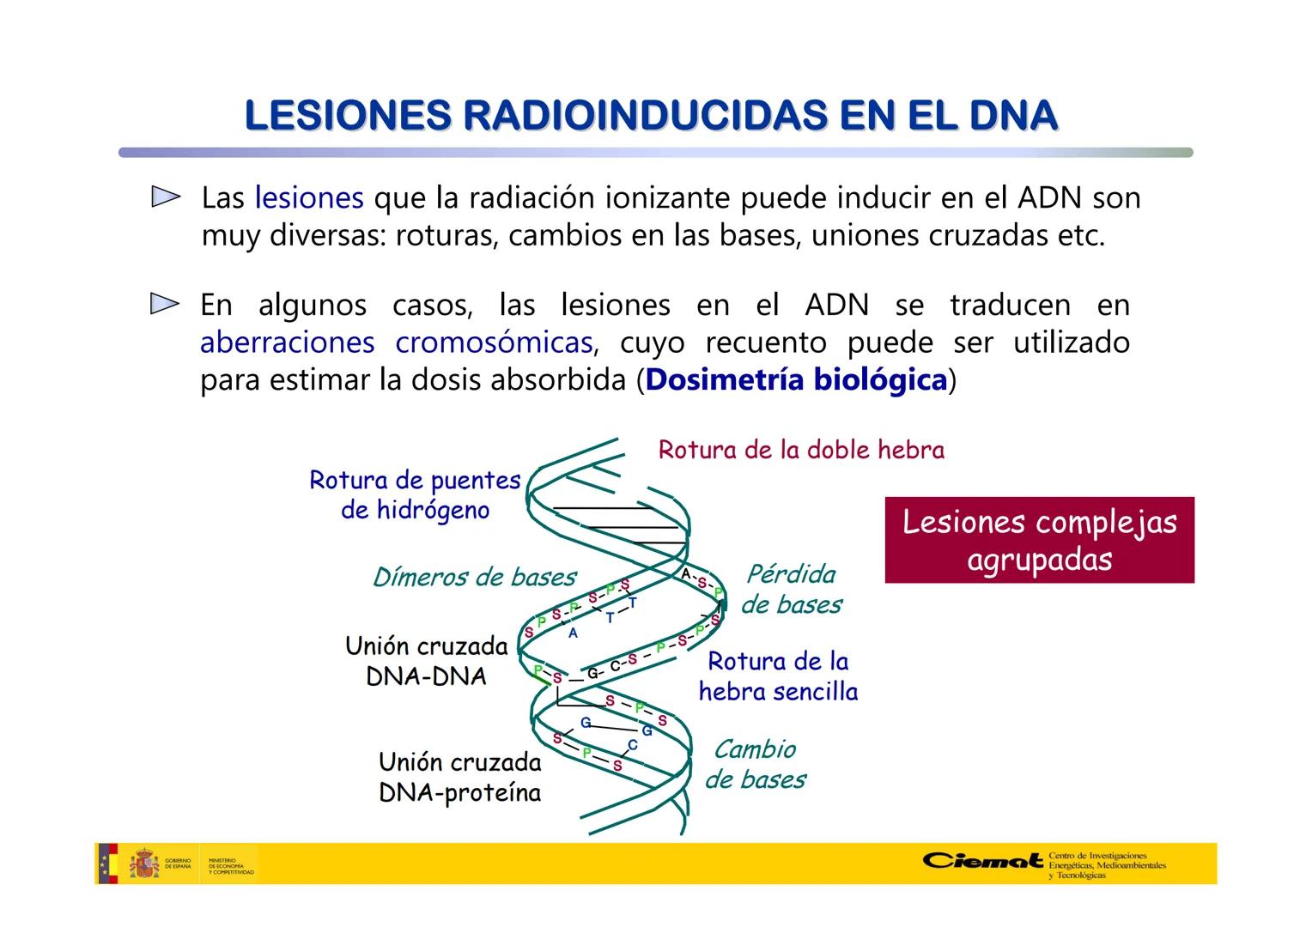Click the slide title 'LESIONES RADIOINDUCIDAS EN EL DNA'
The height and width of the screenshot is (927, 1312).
pos(651,116)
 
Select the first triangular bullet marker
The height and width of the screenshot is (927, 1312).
pos(166,197)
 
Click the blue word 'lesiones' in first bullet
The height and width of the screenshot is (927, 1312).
pos(309,198)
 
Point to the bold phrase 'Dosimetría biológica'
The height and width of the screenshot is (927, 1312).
pos(796,379)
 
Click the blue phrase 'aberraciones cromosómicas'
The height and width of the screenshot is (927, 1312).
pos(396,342)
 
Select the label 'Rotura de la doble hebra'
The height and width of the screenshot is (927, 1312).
pos(801,450)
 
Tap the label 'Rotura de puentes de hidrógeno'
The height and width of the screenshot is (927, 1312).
pos(415,494)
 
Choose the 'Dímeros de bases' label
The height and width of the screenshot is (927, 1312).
pos(474,577)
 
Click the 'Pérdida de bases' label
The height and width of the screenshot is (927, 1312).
pos(791,589)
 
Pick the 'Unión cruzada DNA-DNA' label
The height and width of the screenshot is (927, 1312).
pos(427,660)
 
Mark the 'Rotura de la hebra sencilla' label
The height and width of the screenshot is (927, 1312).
pos(778,676)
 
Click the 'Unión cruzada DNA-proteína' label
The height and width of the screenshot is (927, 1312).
pos(460,777)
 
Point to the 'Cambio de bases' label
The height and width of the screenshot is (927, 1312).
pos(756,764)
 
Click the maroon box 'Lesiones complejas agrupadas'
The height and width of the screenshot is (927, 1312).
pos(1039,540)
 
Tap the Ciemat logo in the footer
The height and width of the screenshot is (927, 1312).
pos(984,861)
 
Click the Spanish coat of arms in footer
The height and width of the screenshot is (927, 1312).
pos(144,863)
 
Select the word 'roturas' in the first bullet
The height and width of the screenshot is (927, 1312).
pos(446,236)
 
